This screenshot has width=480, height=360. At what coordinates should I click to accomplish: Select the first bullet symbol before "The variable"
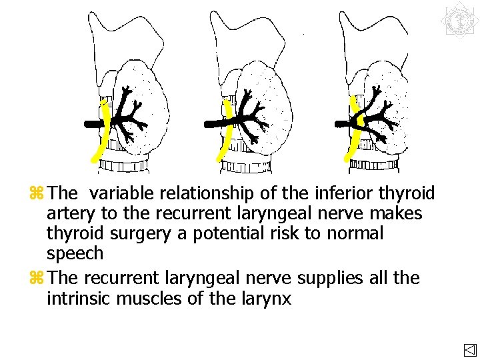(37, 194)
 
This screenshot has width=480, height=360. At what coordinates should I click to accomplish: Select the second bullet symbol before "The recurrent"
(37, 278)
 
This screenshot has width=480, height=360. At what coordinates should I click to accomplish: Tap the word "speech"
(75, 254)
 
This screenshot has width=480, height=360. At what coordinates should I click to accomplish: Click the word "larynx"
(268, 299)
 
